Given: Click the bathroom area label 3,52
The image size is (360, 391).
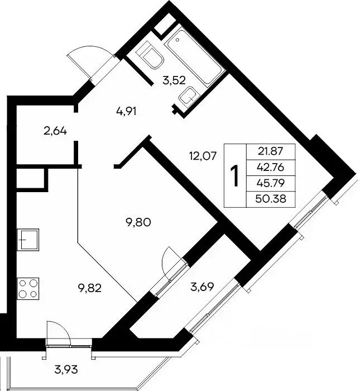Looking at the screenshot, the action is (x=174, y=81).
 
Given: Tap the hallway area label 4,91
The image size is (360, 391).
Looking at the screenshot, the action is (x=126, y=112).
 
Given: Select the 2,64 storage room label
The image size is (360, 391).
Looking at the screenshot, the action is (x=55, y=131).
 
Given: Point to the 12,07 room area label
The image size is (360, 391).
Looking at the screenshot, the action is (x=203, y=156).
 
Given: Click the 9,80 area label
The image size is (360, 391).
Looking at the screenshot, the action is (x=139, y=222).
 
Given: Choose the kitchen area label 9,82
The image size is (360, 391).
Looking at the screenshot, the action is (x=89, y=288).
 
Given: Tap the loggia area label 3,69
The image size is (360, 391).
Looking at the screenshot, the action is (x=202, y=287).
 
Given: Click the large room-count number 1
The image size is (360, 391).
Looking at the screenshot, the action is (x=234, y=176).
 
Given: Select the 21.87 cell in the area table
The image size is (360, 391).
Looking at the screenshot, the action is (x=271, y=151).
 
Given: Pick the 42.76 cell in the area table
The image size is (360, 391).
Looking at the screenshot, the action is (x=271, y=168).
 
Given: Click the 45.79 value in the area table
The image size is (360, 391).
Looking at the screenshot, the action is (x=271, y=183).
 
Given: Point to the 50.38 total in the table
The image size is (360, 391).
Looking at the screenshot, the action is (x=271, y=199).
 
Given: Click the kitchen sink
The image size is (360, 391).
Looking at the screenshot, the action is (x=28, y=240).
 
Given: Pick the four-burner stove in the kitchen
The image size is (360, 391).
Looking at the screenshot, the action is (x=28, y=289).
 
